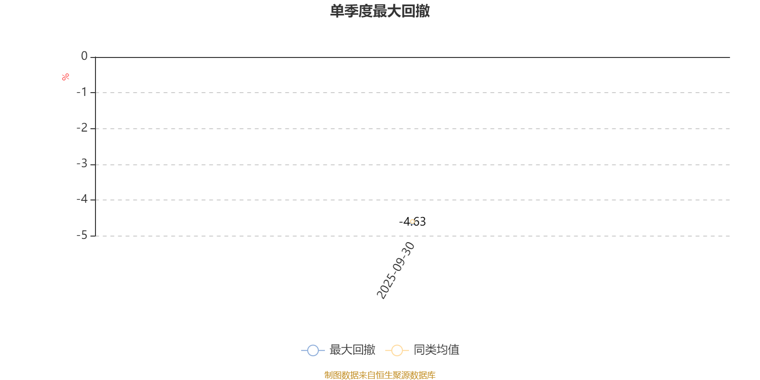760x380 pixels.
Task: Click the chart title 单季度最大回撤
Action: click(x=380, y=11)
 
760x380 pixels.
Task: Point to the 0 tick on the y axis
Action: click(x=84, y=56)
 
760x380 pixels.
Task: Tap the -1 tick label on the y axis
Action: click(x=82, y=92)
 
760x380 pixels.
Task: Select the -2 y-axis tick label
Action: click(x=82, y=128)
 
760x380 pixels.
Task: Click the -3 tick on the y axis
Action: click(x=82, y=164)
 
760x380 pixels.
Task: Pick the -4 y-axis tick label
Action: click(x=82, y=199)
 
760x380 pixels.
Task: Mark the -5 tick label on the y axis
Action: click(x=82, y=235)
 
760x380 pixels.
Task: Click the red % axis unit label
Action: click(x=66, y=77)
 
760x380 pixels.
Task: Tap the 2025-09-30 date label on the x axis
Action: click(x=396, y=270)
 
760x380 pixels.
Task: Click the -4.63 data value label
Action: click(x=412, y=221)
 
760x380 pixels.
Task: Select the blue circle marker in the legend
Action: click(x=313, y=350)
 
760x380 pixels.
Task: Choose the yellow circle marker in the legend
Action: click(x=397, y=350)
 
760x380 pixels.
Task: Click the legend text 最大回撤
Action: click(x=352, y=350)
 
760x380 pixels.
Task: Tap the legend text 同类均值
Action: click(x=437, y=350)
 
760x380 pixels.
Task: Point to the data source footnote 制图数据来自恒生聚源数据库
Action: click(x=380, y=375)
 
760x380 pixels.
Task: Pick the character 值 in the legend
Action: click(x=454, y=350)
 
